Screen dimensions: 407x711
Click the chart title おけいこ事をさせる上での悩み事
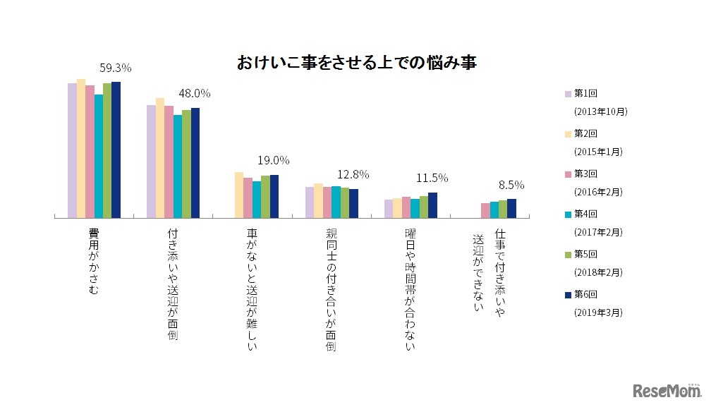357,63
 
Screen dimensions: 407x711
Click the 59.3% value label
115,68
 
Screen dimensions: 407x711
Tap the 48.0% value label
194,93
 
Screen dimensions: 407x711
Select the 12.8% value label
353,174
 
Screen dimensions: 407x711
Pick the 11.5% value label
431,178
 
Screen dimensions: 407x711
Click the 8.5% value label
511,185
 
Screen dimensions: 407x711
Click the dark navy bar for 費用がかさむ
116,150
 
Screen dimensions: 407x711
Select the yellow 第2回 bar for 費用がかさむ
81,148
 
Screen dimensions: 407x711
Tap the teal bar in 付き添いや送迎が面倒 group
178,166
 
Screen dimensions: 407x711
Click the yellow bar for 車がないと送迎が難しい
239,195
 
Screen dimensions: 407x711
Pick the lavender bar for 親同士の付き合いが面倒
310,202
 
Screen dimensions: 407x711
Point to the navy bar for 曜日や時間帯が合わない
432,205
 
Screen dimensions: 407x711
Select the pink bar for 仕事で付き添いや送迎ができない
485,210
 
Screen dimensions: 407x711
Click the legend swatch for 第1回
567,93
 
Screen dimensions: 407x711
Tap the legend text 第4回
586,212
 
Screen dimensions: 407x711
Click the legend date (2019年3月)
600,311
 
